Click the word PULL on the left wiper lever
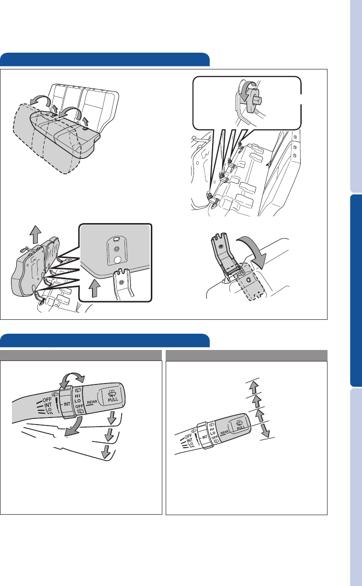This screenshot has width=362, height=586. pyautogui.click(x=113, y=399)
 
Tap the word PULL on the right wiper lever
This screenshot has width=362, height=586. pyautogui.click(x=241, y=428)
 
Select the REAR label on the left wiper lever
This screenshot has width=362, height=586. pyautogui.click(x=92, y=402)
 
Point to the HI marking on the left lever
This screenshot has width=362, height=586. pyautogui.click(x=78, y=396)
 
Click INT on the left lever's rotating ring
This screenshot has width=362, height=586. pyautogui.click(x=67, y=404)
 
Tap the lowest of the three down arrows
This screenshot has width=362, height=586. pyautogui.click(x=106, y=451)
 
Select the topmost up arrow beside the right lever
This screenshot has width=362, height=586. pyautogui.click(x=253, y=387)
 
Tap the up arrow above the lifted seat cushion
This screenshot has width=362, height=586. pyautogui.click(x=35, y=235)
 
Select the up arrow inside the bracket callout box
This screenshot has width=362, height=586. pyautogui.click(x=94, y=288)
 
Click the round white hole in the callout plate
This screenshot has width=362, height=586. pyautogui.click(x=117, y=259)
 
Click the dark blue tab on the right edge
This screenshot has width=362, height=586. pyautogui.click(x=356, y=290)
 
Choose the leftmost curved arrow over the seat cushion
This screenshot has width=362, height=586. pyautogui.click(x=40, y=101)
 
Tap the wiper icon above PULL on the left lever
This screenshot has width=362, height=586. pyautogui.click(x=113, y=393)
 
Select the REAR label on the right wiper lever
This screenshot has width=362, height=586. pyautogui.click(x=225, y=432)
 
